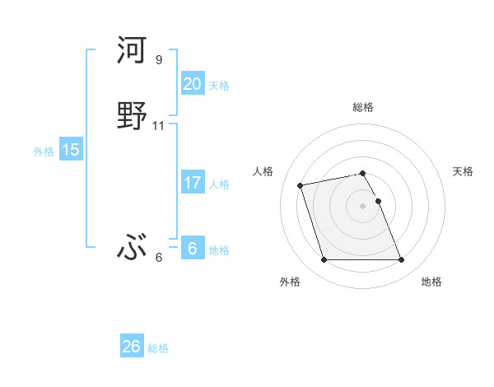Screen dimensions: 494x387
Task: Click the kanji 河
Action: (x=133, y=51)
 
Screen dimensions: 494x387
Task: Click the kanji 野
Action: (x=133, y=115)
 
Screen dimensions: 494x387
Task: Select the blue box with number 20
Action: (x=192, y=84)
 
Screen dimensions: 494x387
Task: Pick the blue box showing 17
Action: (x=192, y=183)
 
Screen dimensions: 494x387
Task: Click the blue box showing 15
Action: (x=70, y=150)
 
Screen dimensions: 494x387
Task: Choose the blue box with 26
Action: (x=131, y=347)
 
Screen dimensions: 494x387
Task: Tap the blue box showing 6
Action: (x=192, y=249)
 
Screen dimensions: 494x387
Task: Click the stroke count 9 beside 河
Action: (x=159, y=60)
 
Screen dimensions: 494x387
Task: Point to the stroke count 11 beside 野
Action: (x=159, y=126)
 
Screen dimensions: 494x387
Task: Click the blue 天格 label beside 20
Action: (x=219, y=86)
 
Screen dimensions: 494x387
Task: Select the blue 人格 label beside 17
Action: (x=219, y=184)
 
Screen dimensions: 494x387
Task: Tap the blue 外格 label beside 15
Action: (x=43, y=152)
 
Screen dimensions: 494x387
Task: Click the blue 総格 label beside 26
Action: (x=158, y=348)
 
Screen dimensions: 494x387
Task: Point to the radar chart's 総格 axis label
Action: (x=363, y=107)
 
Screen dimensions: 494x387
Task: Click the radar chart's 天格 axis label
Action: (x=464, y=171)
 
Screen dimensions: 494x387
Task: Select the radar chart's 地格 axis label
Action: (x=431, y=282)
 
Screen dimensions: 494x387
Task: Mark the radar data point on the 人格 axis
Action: (x=301, y=184)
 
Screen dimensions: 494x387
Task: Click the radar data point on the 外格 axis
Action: (x=324, y=260)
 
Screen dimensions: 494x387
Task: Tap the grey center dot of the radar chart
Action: (x=363, y=206)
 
